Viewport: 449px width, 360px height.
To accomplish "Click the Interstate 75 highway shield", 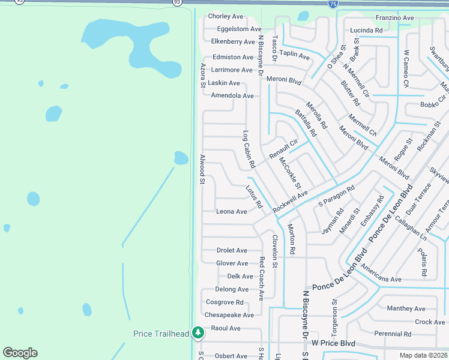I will [333, 4].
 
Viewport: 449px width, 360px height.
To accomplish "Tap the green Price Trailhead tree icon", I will [198, 332].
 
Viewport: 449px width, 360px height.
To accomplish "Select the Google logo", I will [20, 353].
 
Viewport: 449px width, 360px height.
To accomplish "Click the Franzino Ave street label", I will [394, 18].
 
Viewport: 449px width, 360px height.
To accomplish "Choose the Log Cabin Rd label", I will [249, 149].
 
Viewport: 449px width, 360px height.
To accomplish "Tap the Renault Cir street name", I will [283, 149].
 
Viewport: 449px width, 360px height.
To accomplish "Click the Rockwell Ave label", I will [290, 202].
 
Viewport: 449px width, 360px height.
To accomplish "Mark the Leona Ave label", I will [232, 211].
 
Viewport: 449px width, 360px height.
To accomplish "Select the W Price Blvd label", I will [333, 344].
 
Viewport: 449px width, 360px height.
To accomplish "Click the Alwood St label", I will [202, 169].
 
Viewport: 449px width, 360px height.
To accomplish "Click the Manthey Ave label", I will [406, 308].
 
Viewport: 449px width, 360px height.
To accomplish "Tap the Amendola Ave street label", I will [232, 95].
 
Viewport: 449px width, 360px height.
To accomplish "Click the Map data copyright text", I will [424, 355].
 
